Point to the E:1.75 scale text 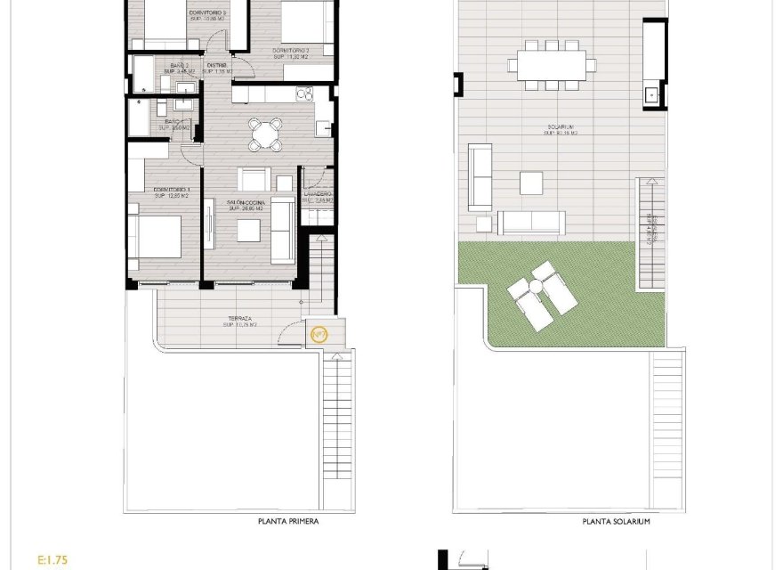point(52,560)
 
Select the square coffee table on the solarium point(531,183)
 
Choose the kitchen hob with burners point(304,94)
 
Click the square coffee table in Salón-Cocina point(249,231)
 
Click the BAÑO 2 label point(180,68)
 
